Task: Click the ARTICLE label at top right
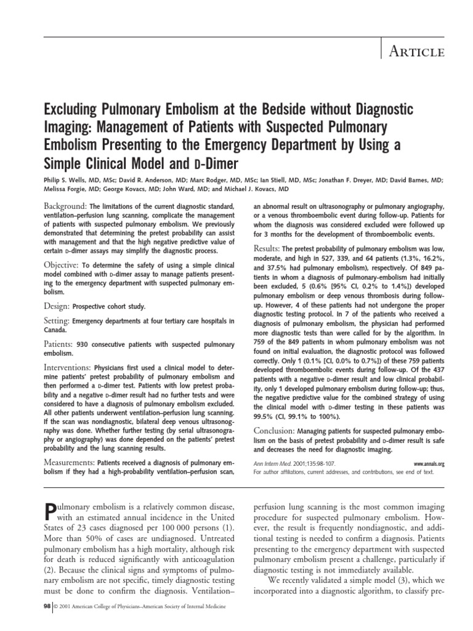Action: [x=416, y=52]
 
